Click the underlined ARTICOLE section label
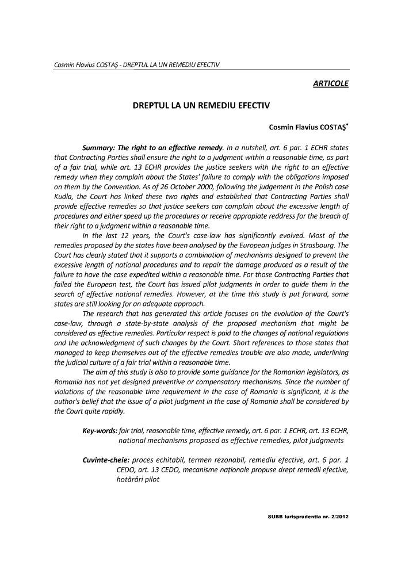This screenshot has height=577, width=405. click(x=330, y=85)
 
